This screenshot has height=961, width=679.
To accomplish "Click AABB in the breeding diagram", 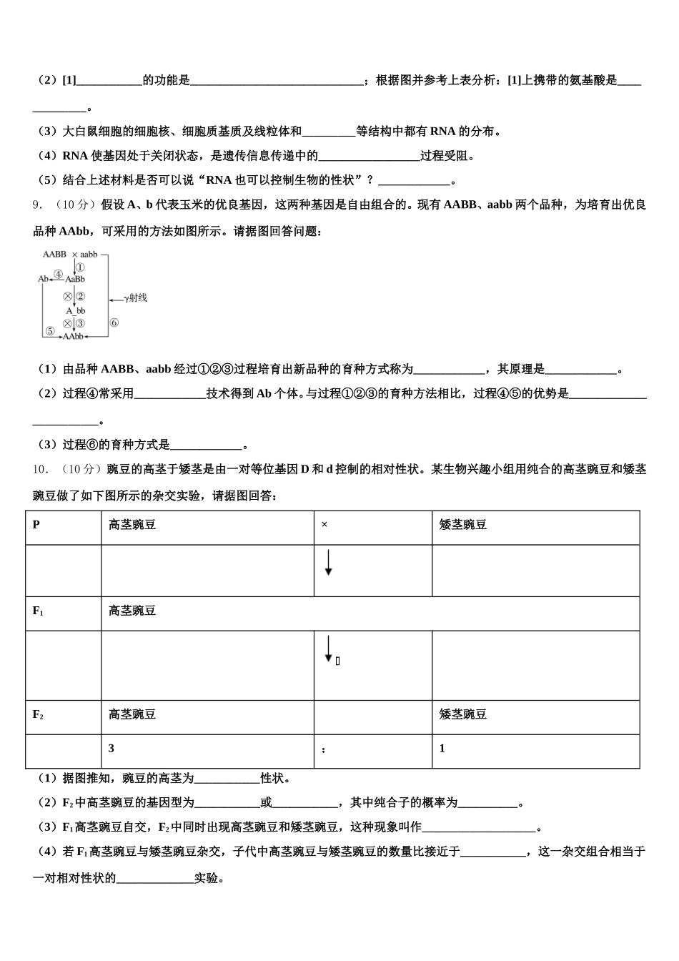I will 54,255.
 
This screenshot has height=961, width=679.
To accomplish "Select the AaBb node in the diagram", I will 75,279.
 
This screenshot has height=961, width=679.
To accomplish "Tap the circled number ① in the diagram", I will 81,267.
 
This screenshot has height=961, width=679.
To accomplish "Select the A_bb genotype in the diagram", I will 76,311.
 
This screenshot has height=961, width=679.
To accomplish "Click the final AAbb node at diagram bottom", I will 74,335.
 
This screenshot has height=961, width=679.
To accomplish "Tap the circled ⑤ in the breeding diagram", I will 50,331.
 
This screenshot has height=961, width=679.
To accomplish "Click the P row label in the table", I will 36,525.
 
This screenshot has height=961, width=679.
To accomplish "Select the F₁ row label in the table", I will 39,611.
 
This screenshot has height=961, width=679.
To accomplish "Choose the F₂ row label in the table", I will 39,714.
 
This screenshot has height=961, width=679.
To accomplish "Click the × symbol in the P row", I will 324,525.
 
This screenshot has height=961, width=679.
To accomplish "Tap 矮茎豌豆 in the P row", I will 463,525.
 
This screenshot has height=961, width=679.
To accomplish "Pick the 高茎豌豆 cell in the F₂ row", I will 132,714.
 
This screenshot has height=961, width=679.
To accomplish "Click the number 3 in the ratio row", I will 111,749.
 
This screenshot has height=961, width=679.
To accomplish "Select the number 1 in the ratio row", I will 442,749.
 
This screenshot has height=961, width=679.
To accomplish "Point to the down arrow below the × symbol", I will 328,563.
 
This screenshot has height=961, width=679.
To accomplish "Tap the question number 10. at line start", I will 40,470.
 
